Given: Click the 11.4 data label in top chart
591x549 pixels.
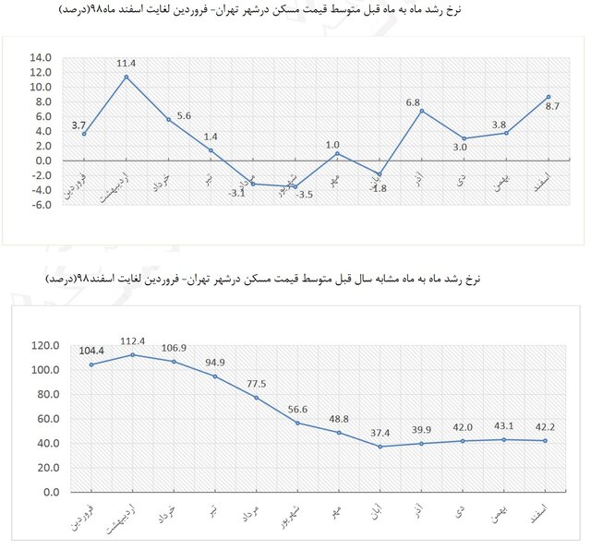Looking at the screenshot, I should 127,64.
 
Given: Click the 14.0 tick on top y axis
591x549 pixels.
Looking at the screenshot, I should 42,58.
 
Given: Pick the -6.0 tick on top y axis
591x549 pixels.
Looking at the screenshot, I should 42,205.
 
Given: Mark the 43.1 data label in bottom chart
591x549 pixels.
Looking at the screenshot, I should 503,424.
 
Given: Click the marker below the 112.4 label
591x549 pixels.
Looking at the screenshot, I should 134,355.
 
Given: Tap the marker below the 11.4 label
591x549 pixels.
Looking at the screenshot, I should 127,77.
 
